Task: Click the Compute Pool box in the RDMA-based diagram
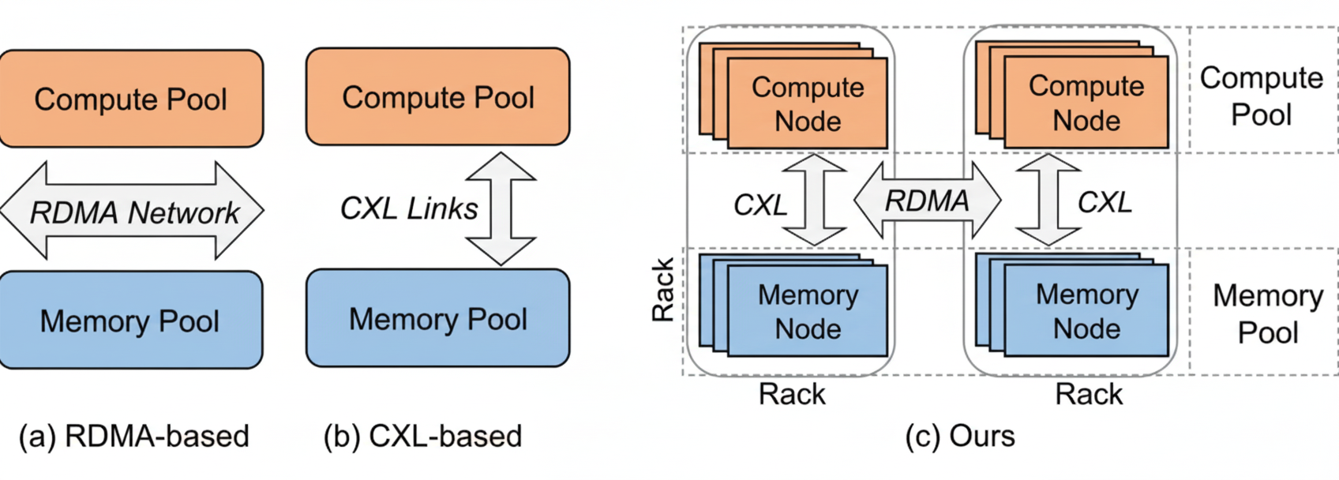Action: (130, 99)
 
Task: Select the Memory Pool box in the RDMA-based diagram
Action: (130, 321)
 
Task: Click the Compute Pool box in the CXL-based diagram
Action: (437, 97)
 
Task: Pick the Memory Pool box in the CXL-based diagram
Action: (437, 319)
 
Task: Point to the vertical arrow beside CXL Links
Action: (501, 209)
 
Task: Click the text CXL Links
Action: (408, 208)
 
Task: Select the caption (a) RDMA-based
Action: (134, 436)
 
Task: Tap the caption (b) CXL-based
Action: (423, 436)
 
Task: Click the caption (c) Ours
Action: (960, 436)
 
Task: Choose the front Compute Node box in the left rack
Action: (807, 103)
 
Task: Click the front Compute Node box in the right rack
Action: (1086, 103)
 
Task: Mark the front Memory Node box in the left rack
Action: (807, 311)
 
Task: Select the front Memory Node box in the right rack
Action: (1086, 311)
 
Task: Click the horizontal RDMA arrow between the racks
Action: (927, 201)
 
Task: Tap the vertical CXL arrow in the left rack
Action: (815, 200)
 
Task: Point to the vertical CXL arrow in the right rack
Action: (1048, 200)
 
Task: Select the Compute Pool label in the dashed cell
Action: (1261, 96)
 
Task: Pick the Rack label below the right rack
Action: (1089, 393)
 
